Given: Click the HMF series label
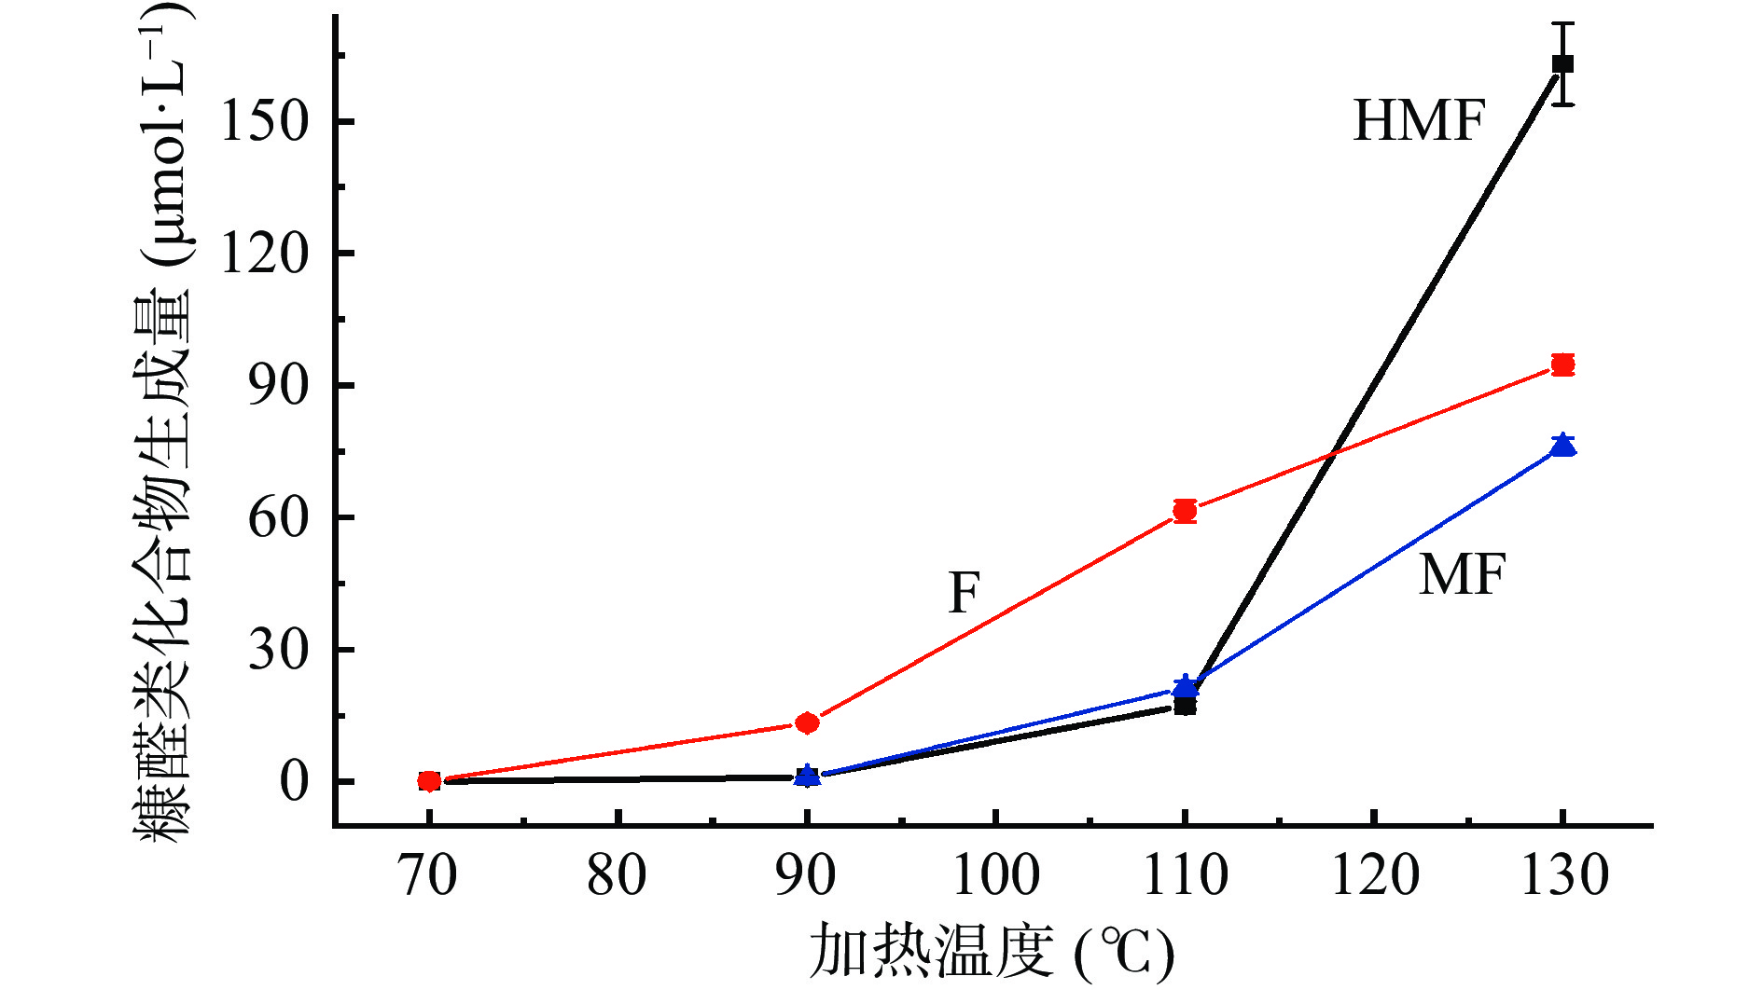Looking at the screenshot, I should click(1418, 121).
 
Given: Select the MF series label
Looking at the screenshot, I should click(1462, 574).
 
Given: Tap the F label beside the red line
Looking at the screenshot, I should click(964, 593).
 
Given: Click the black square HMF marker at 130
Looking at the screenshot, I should click(1562, 64).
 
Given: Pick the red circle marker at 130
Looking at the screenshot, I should click(1562, 364).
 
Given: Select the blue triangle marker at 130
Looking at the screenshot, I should click(1562, 446).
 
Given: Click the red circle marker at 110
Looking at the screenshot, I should click(1185, 511).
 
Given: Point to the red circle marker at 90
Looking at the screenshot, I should click(807, 722).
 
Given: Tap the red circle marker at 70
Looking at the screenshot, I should click(429, 781).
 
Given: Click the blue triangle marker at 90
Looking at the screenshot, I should click(808, 775).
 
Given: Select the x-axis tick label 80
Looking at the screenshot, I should click(617, 876).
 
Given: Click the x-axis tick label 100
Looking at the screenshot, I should click(995, 876).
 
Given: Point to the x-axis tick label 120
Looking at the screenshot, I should click(1374, 876).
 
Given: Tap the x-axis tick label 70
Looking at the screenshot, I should click(428, 876).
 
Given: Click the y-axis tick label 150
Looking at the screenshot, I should click(264, 122).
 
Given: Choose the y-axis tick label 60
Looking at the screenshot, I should click(278, 518).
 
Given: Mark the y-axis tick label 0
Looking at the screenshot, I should click(293, 782).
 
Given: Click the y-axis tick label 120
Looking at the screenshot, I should click(264, 254).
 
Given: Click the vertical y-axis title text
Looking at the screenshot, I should click(166, 419).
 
